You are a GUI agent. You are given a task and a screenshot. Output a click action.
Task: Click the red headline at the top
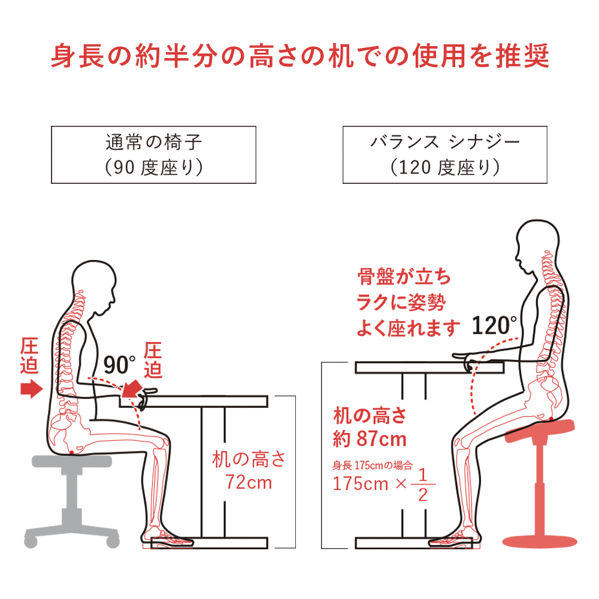300,56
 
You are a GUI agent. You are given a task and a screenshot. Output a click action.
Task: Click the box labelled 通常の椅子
153,155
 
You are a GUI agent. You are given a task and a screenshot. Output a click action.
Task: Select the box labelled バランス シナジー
444,155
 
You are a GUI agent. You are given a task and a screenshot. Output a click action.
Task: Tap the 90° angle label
120,365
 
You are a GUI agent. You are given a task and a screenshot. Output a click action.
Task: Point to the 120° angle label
494,325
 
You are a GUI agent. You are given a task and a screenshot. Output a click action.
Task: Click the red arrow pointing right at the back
31,389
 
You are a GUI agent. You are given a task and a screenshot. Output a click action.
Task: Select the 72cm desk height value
249,482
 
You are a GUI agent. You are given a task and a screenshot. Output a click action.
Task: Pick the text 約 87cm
370,439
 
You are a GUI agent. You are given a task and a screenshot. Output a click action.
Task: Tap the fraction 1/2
422,485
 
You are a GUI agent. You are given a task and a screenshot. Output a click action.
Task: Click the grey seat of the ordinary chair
72,461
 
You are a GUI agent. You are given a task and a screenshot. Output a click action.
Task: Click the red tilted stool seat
540,431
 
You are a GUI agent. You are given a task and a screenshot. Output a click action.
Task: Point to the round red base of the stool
540,541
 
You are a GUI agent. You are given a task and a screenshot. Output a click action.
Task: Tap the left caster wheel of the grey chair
31,541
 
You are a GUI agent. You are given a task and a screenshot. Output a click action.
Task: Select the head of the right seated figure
537,244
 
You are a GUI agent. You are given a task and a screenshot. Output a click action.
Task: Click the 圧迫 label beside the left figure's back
29,356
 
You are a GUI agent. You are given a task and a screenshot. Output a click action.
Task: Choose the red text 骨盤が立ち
404,277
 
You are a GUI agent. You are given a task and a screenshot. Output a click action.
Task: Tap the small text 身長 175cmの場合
373,465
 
